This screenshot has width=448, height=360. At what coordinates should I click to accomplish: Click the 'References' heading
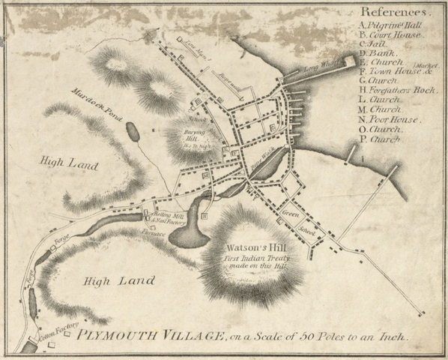pyautogui.click(x=395, y=13)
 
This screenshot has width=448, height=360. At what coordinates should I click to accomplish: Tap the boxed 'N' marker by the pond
pyautogui.click(x=205, y=217)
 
